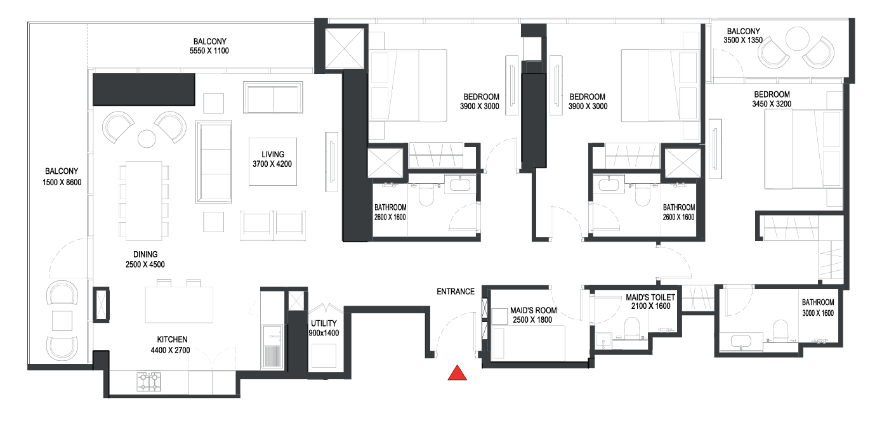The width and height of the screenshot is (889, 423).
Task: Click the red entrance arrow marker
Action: [458, 373]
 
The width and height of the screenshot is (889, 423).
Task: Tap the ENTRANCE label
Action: [456, 292]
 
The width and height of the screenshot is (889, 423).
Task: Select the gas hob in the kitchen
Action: [149, 382]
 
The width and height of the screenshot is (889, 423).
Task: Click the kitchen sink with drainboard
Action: [272, 346]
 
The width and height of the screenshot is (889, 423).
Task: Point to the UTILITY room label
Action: [324, 328]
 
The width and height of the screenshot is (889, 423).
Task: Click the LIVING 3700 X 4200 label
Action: [272, 159]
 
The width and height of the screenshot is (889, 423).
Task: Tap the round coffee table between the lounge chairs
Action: [147, 139]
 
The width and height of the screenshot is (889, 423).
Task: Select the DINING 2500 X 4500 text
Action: [145, 259]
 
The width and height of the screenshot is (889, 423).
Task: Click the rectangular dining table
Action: [144, 200]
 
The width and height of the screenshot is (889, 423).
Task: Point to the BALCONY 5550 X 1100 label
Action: [209, 46]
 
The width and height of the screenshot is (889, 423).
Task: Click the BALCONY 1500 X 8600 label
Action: [62, 176]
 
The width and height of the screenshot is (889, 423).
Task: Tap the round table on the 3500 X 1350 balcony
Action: [798, 39]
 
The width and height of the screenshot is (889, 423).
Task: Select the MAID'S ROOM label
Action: [533, 315]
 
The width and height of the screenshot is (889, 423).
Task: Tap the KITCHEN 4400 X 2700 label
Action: [171, 345]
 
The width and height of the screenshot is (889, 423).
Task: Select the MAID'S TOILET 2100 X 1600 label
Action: [650, 302]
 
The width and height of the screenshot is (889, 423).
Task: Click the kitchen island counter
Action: [179, 305]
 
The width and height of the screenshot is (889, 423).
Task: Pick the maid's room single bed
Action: [528, 343]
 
